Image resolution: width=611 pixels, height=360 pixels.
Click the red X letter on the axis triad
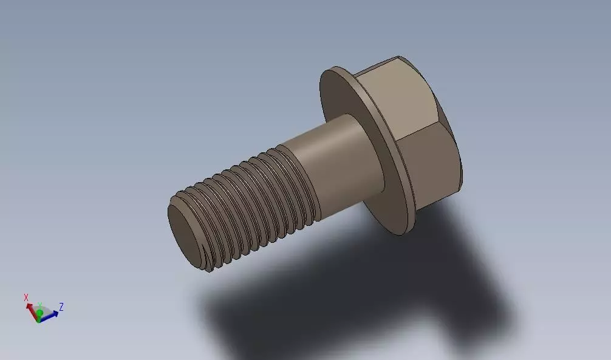(x=26, y=297)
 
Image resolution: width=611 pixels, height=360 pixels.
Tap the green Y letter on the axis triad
(x=39, y=305)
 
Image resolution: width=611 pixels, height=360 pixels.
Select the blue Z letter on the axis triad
(x=61, y=307)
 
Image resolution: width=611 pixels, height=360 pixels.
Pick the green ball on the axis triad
(x=39, y=313)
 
